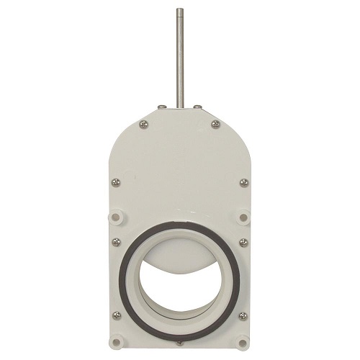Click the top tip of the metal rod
[178, 10]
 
